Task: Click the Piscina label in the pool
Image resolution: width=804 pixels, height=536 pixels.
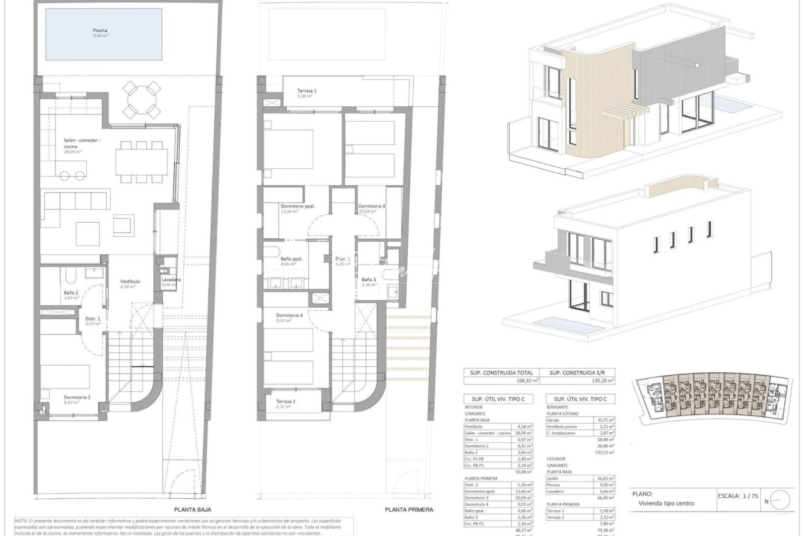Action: point(100,30)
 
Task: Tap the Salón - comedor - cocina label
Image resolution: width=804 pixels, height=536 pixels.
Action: point(82,143)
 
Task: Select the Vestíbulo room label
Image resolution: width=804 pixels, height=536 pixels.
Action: point(130,281)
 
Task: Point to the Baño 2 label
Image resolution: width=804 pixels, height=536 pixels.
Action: point(70,293)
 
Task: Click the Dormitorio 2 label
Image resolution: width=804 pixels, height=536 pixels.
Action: point(77,397)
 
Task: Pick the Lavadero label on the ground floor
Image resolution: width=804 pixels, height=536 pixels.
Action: point(171,280)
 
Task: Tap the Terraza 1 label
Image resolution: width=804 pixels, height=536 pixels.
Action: point(307,91)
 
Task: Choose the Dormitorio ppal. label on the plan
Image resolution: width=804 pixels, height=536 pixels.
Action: point(298,206)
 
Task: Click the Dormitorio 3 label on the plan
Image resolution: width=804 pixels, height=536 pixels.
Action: point(372,206)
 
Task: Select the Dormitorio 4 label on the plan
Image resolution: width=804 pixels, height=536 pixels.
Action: point(289,315)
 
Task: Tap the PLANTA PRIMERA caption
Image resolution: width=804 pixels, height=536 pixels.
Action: point(409,510)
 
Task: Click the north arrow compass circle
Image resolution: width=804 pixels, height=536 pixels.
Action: point(781,501)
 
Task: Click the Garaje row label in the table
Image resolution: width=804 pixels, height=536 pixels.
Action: point(553,419)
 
